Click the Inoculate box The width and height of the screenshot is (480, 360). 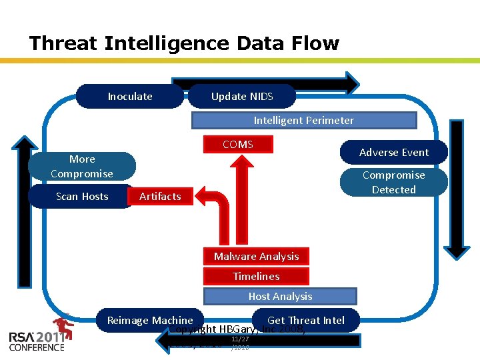[130, 97]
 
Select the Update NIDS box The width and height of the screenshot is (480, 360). [242, 97]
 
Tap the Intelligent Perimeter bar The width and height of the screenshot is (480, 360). [304, 121]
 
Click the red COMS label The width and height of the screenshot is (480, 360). [238, 145]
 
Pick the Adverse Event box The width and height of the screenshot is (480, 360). [394, 153]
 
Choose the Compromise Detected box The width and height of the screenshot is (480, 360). [394, 183]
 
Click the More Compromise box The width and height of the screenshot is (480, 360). [82, 167]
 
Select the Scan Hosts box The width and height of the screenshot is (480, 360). [82, 197]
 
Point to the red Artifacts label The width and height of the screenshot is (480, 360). [160, 197]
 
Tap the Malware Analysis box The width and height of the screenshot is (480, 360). [257, 257]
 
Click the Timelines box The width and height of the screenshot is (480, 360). [257, 277]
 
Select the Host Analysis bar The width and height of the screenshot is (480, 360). [280, 297]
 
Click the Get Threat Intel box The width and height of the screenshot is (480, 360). [306, 320]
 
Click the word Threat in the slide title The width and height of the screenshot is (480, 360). [64, 44]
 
